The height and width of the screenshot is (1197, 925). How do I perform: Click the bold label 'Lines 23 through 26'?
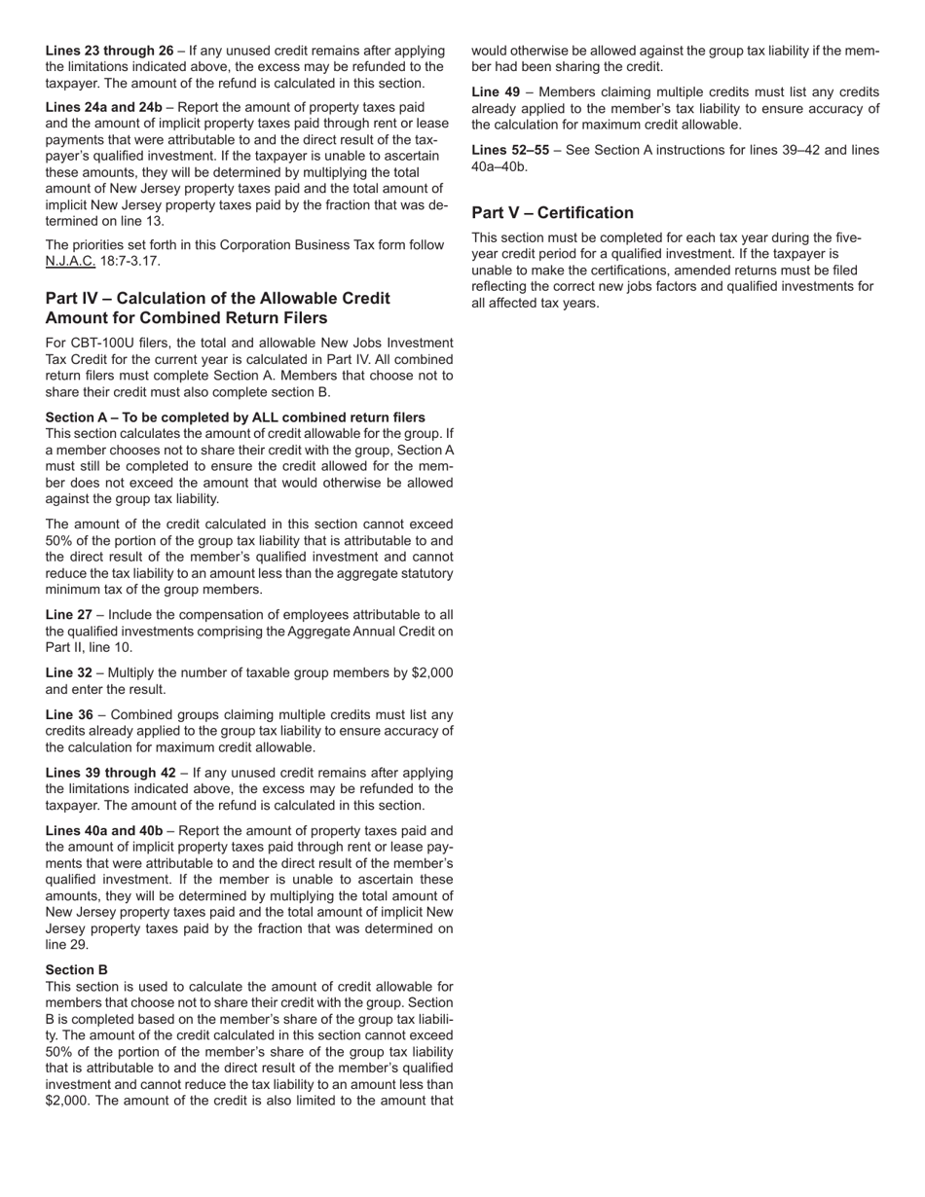(109, 51)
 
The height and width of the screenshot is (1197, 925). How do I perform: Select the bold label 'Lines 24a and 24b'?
(104, 106)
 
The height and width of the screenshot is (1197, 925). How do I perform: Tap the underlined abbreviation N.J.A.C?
(70, 262)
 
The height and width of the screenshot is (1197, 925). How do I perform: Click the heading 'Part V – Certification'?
(552, 213)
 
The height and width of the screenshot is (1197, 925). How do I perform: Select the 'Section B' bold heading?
(77, 970)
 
